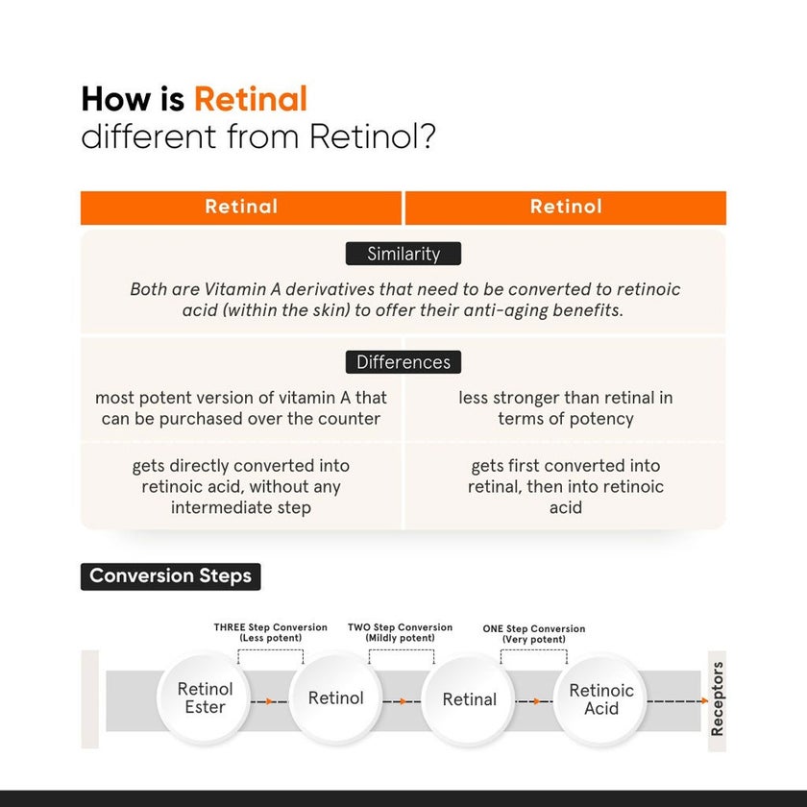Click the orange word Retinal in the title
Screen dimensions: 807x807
[251, 99]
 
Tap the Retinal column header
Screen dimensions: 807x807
[241, 207]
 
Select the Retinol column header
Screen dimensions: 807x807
[566, 207]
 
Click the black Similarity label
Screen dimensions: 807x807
[403, 255]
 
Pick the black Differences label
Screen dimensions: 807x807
[403, 362]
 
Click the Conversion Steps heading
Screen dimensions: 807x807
[170, 576]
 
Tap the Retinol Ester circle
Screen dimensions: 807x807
[205, 698]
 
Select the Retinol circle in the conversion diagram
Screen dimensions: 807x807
[336, 698]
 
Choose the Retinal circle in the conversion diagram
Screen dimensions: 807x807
[470, 699]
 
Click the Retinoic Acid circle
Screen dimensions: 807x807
[601, 698]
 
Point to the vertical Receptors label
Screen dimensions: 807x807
[718, 698]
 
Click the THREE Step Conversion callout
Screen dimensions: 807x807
[270, 632]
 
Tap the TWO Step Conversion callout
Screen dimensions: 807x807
[400, 632]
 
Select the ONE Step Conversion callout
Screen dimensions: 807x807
[534, 633]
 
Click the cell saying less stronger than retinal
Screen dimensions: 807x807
[566, 407]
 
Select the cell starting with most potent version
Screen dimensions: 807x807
[241, 407]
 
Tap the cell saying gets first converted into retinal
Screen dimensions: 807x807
[566, 486]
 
